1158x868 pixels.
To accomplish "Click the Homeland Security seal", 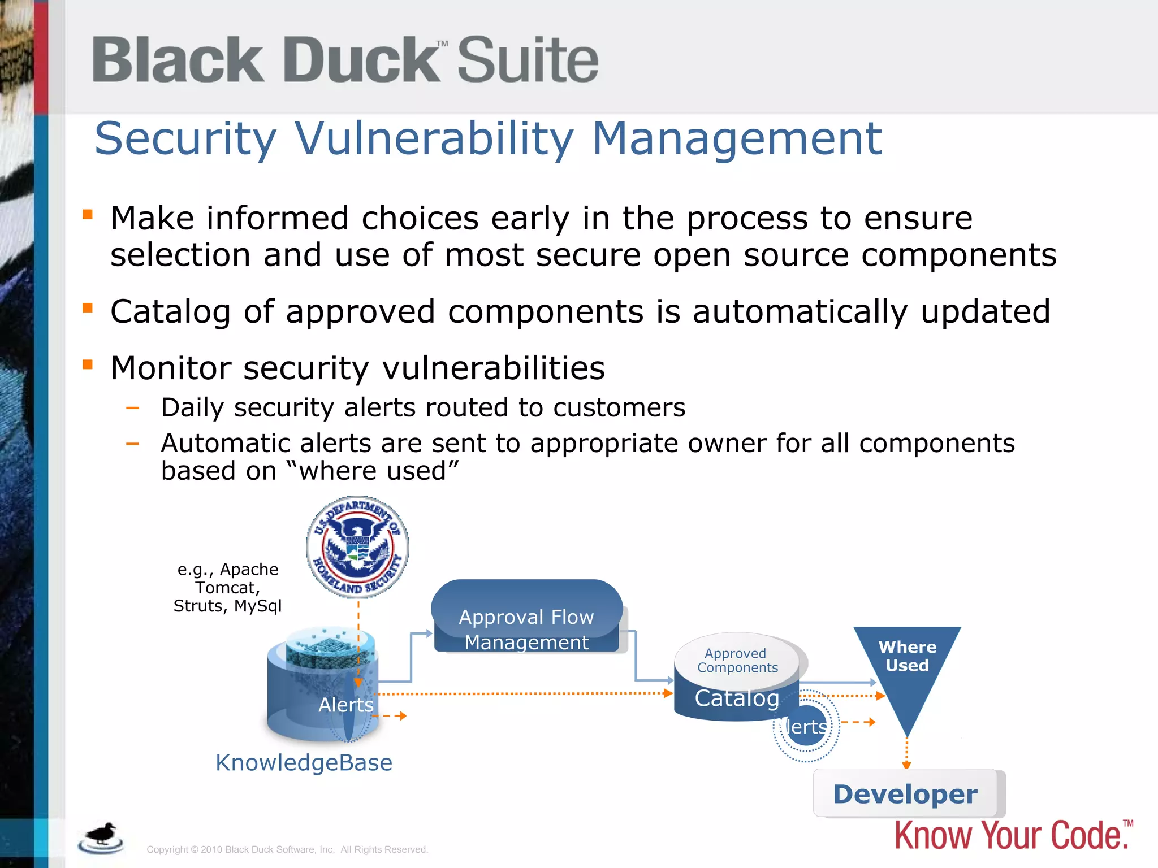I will pos(357,547).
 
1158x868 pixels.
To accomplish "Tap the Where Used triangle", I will pos(907,667).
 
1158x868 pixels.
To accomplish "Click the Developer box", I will pos(905,793).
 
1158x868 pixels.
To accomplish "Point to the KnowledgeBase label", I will pos(304,762).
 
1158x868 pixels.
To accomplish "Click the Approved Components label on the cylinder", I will pos(737,660).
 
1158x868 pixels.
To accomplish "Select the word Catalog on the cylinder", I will pos(737,698).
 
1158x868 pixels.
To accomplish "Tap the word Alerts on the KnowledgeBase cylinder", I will pos(345,705).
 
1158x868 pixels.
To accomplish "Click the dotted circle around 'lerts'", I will pos(806,726).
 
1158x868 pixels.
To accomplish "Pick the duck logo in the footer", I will pos(101,837).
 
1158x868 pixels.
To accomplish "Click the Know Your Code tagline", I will pos(1011,835).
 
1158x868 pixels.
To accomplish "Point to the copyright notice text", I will pos(287,849).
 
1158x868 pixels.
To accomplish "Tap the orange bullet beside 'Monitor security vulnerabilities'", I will pos(88,364).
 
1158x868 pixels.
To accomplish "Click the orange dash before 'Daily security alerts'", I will pos(133,407).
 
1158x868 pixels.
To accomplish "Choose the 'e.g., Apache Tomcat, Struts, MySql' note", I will pos(227,588).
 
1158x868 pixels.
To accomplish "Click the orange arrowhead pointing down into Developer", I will pos(906,765).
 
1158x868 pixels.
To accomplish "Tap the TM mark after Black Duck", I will pos(442,44).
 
